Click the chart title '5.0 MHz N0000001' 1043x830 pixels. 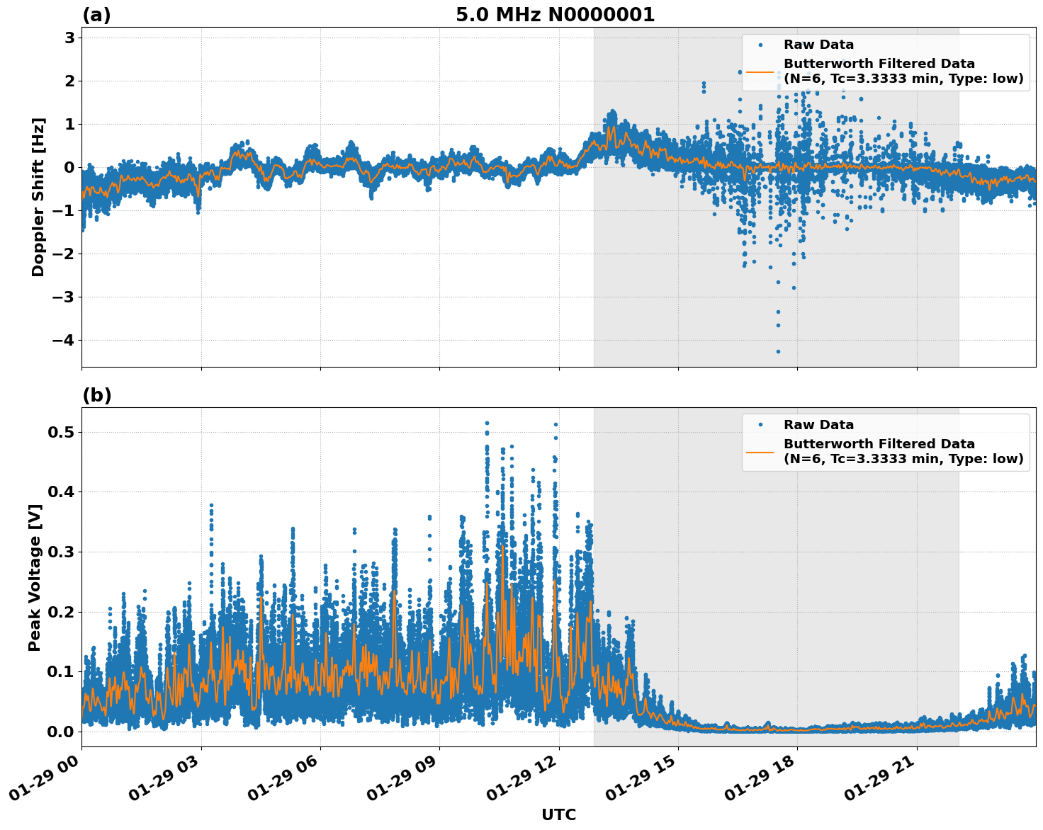pyautogui.click(x=555, y=15)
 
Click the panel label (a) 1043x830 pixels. pyautogui.click(x=96, y=15)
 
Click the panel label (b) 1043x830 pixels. pyautogui.click(x=96, y=395)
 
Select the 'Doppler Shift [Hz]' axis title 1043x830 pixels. pyautogui.click(x=38, y=197)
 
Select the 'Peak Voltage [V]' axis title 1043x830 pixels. pyautogui.click(x=35, y=577)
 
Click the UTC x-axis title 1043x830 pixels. pyautogui.click(x=558, y=814)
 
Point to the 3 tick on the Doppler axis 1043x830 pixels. pyautogui.click(x=69, y=38)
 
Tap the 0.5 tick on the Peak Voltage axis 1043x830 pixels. pyautogui.click(x=61, y=432)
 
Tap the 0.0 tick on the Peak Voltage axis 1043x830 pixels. pyautogui.click(x=61, y=732)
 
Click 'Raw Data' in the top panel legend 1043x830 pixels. pyautogui.click(x=818, y=45)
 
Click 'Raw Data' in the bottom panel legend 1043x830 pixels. pyautogui.click(x=818, y=425)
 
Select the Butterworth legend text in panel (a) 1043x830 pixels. pyautogui.click(x=903, y=72)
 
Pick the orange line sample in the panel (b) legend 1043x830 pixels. pyautogui.click(x=760, y=452)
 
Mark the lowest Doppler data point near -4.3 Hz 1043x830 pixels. pyautogui.click(x=777, y=351)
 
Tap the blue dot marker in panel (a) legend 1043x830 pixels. pyautogui.click(x=760, y=45)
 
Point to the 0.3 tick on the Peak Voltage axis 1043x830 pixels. pyautogui.click(x=61, y=552)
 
